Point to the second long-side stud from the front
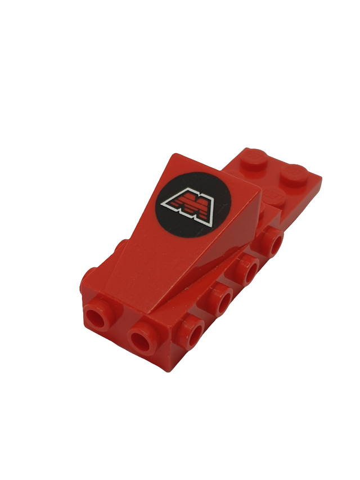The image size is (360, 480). tap(222, 297)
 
